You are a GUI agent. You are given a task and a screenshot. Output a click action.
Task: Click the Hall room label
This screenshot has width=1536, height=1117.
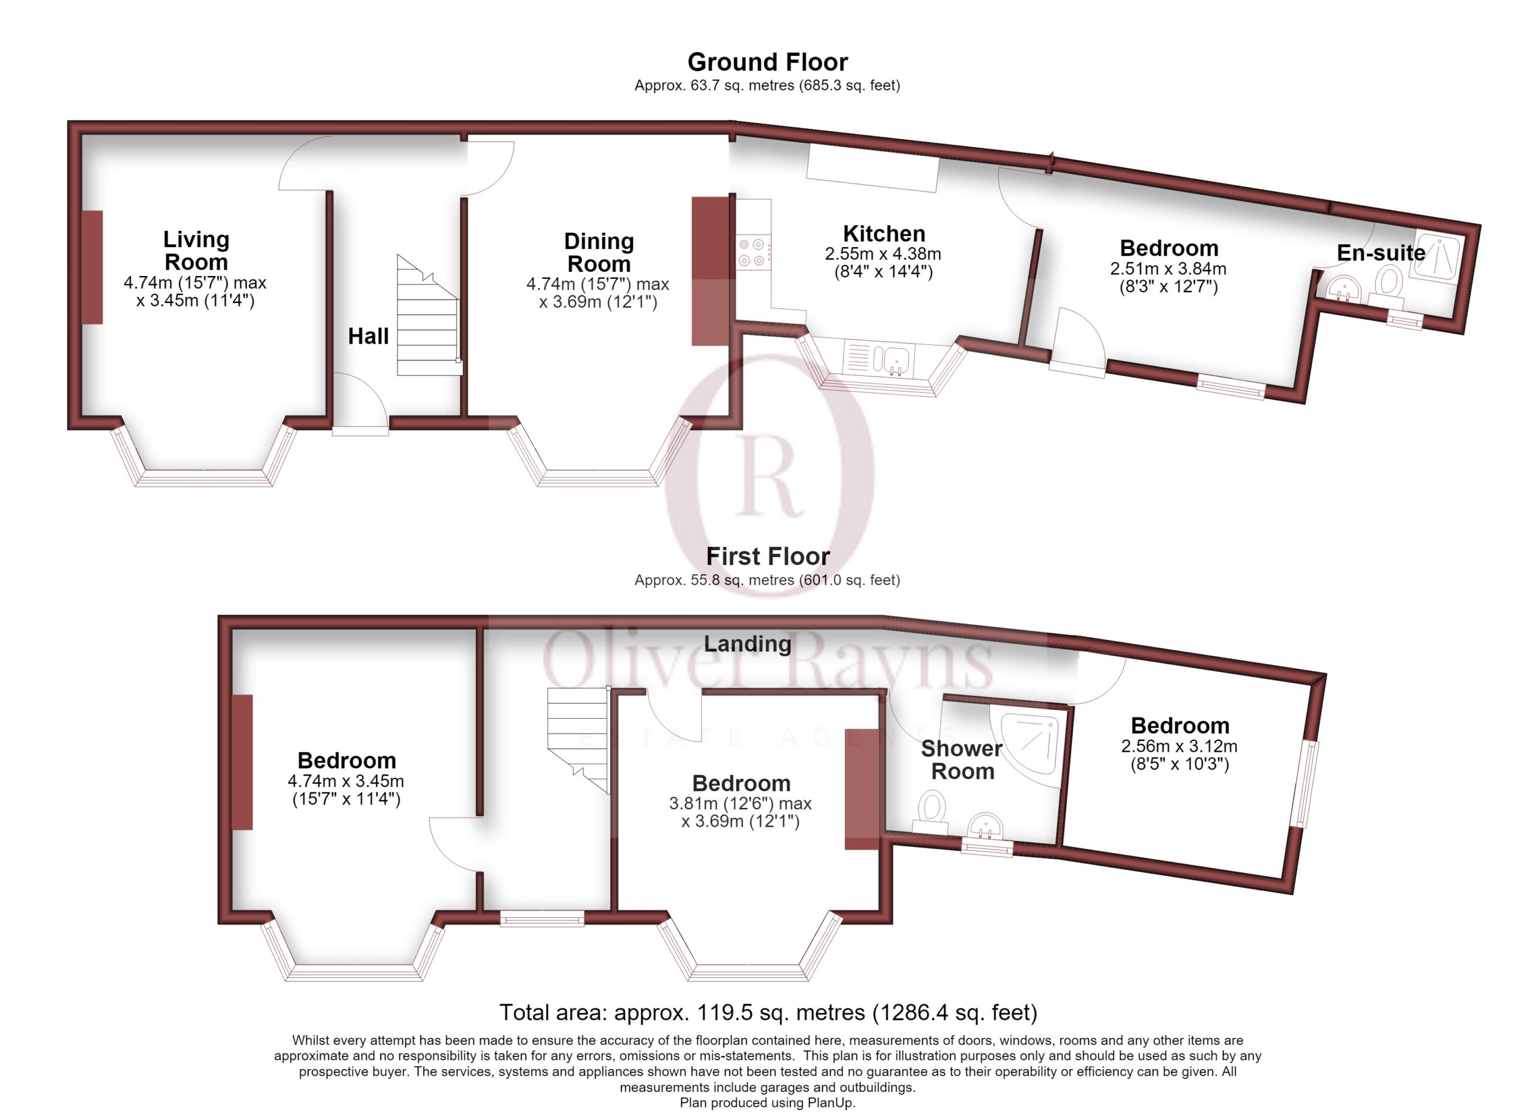pyautogui.click(x=368, y=337)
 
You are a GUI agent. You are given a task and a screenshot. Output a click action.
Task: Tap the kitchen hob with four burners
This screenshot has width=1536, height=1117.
pyautogui.click(x=752, y=253)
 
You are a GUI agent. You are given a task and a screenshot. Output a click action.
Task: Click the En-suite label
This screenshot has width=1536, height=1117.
pyautogui.click(x=1381, y=253)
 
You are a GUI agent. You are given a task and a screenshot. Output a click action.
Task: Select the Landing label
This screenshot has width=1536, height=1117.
pyautogui.click(x=747, y=644)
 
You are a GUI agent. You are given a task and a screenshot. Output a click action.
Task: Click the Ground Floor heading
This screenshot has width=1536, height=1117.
pyautogui.click(x=767, y=62)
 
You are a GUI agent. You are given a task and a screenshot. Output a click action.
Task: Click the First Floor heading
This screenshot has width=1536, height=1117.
pyautogui.click(x=767, y=557)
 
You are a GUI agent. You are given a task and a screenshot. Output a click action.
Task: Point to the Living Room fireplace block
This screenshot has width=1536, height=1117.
pyautogui.click(x=93, y=268)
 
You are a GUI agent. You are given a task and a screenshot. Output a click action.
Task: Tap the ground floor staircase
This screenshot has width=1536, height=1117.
pyautogui.click(x=428, y=316)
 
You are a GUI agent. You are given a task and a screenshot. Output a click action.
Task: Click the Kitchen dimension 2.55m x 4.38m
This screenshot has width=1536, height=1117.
pyautogui.click(x=883, y=254)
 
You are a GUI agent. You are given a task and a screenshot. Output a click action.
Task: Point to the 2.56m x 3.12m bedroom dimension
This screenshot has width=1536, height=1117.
pyautogui.click(x=1179, y=747)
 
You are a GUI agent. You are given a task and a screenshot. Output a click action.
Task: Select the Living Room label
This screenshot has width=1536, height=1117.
pyautogui.click(x=196, y=251)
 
